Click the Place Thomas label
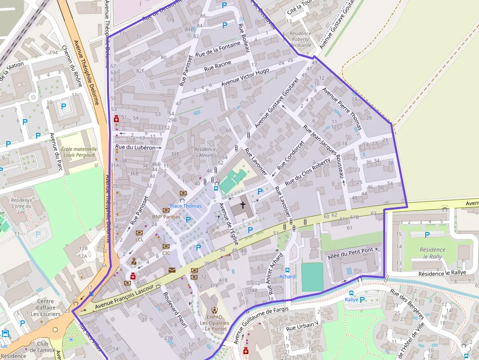tap(185, 206)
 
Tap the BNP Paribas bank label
tap(166, 216)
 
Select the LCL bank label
tap(139, 239)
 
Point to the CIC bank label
tap(166, 253)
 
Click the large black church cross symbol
tap(242, 205)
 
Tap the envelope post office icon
tap(172, 270)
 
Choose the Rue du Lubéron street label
tap(135, 147)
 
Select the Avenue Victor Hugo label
tap(245, 78)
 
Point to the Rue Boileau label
tap(244, 38)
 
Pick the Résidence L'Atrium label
tap(204, 152)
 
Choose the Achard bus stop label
tap(287, 276)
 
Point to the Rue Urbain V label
tap(302, 328)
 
